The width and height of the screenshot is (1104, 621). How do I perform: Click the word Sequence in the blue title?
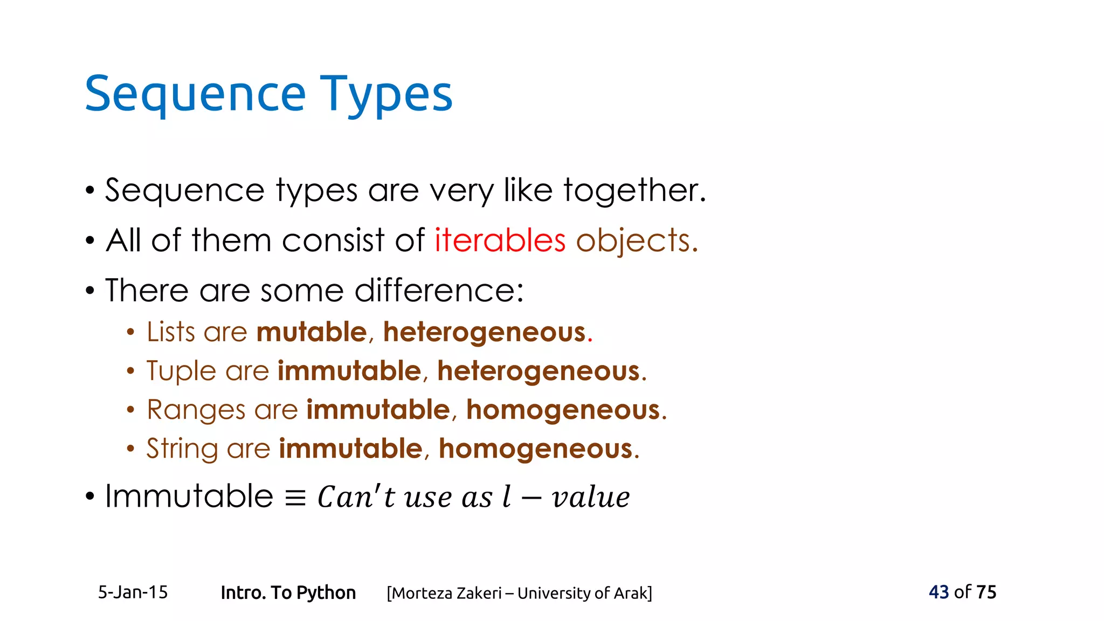click(195, 95)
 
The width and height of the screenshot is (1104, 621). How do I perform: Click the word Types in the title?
click(386, 95)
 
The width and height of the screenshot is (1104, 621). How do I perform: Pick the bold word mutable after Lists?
click(312, 332)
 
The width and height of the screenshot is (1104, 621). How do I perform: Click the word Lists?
click(170, 332)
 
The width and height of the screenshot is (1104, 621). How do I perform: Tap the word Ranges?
click(195, 410)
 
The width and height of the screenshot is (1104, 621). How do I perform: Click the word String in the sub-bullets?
click(182, 448)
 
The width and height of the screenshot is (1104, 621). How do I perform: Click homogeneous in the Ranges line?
click(563, 410)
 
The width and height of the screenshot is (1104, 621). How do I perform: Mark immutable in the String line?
click(350, 448)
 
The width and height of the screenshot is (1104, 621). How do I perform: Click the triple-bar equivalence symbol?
click(295, 498)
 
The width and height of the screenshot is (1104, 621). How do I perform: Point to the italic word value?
click(591, 497)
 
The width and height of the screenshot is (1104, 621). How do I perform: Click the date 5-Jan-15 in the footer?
click(133, 592)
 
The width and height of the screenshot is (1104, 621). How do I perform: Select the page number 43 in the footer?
click(939, 592)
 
